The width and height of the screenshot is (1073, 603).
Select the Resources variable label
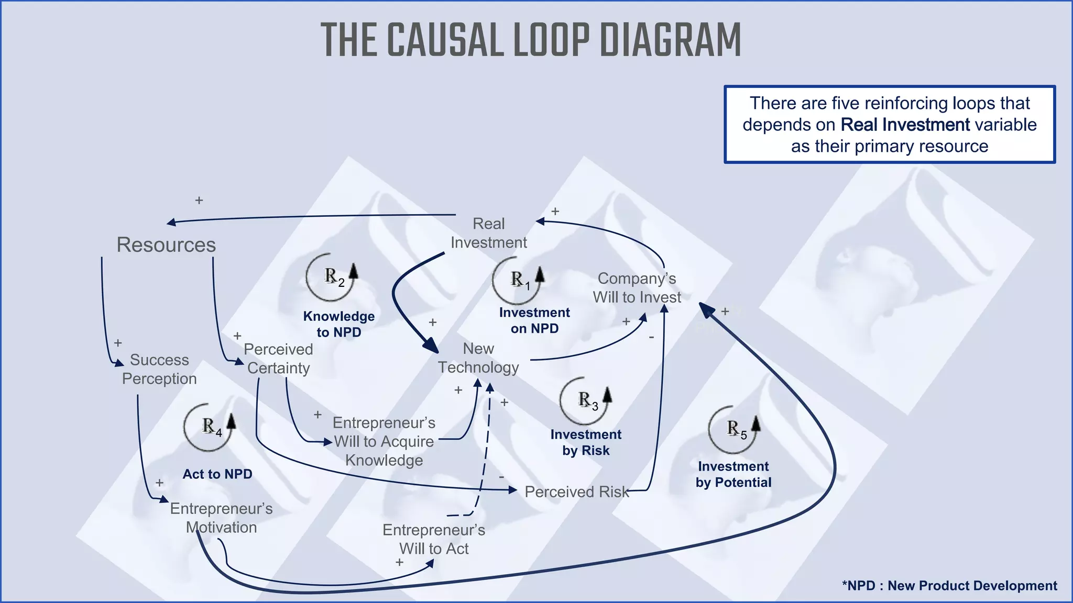[166, 245]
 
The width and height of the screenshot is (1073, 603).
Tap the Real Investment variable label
[488, 233]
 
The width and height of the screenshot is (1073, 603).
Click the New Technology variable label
[478, 358]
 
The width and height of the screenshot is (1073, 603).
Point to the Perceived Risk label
[576, 492]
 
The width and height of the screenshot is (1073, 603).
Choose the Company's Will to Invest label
[637, 288]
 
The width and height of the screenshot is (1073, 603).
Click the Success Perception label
[159, 369]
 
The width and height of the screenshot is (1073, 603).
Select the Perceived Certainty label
[278, 359]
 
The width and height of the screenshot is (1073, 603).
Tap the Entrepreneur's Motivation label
[221, 518]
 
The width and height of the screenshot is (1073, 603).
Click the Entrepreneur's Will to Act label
[434, 539]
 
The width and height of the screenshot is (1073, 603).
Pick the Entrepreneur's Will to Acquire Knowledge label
[384, 441]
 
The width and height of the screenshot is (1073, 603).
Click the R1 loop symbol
[518, 280]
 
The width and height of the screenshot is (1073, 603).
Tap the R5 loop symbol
[734, 429]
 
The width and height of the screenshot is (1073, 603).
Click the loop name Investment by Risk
[586, 442]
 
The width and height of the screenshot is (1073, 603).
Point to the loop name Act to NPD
[217, 474]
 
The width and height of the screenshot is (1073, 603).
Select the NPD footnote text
[949, 586]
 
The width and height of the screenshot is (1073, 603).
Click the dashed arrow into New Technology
[486, 450]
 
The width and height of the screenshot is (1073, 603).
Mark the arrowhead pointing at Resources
[171, 223]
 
